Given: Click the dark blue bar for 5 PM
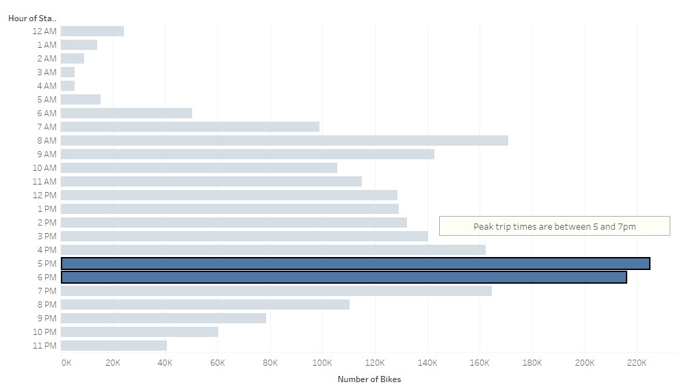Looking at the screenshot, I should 355,263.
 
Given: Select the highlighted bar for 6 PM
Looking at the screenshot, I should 343,277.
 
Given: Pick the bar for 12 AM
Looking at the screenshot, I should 92,31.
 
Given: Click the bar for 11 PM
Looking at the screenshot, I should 114,345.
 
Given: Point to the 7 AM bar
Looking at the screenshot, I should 189,126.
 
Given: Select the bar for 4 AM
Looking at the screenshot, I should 68,85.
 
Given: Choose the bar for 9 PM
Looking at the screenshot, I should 163,318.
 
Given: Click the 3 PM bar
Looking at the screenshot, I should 244,236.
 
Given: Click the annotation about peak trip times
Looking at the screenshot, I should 554,226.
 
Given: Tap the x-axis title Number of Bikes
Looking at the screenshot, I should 369,379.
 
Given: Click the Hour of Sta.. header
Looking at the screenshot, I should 33,18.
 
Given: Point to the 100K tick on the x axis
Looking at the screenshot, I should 322,362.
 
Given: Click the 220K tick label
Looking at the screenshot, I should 637,362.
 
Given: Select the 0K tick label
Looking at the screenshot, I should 66,362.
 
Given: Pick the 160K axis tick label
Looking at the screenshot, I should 479,362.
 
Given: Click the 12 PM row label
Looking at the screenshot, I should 45,195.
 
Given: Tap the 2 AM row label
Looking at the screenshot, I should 47,58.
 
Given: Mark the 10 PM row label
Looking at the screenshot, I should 45,332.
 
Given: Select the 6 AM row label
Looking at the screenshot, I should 47,113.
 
